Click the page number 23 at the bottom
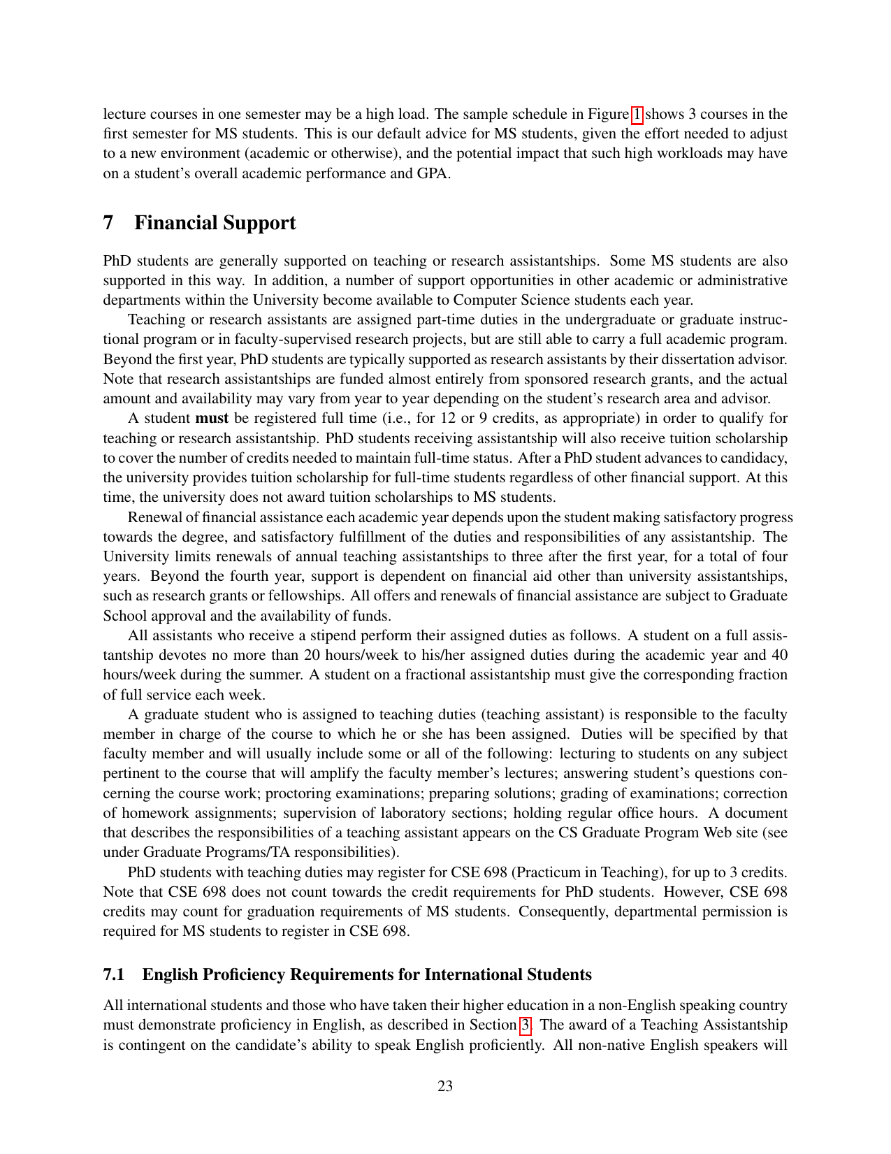pos(445,1086)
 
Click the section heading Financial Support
pos(215,223)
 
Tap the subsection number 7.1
pos(113,974)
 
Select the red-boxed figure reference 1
pos(637,114)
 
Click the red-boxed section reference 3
pos(525,1025)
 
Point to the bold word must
pos(212,418)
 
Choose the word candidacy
pos(757,458)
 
